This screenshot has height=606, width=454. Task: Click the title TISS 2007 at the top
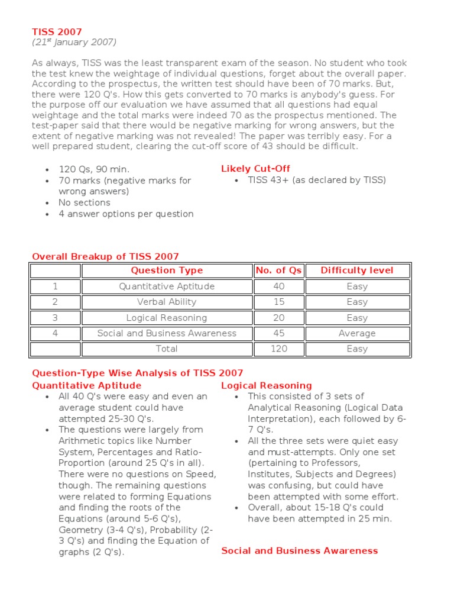click(x=57, y=31)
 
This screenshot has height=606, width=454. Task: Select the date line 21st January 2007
click(x=74, y=42)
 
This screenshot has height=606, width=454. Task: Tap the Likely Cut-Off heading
click(x=255, y=169)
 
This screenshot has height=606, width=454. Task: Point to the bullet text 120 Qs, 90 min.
click(x=93, y=169)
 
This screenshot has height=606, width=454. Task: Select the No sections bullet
click(x=84, y=203)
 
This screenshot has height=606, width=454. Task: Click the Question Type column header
click(x=167, y=270)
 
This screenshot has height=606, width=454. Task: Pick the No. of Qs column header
click(x=278, y=270)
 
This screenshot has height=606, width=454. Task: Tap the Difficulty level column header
click(x=357, y=270)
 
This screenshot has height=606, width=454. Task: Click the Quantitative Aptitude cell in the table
click(x=167, y=286)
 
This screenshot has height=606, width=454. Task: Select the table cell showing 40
click(x=278, y=286)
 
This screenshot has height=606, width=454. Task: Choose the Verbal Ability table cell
click(x=167, y=302)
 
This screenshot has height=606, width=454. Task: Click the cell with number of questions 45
click(x=278, y=333)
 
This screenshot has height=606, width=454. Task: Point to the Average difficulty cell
click(x=357, y=333)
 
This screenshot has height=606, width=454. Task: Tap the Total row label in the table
click(x=167, y=349)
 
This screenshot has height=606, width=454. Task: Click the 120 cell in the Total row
click(x=278, y=349)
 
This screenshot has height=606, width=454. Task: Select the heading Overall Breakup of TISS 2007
click(x=105, y=257)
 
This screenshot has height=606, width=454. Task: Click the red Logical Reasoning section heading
click(x=267, y=386)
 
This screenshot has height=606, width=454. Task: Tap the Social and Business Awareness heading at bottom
click(x=299, y=551)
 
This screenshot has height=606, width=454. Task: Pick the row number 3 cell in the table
click(x=55, y=318)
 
